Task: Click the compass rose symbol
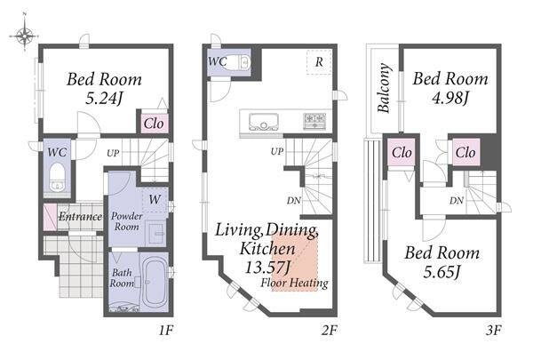[x=25, y=35]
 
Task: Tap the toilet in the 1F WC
[x=57, y=178]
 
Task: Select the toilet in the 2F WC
[x=241, y=62]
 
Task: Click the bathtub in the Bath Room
[x=155, y=283]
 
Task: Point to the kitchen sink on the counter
[x=264, y=122]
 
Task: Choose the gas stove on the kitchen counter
[x=314, y=122]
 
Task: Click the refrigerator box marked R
[x=319, y=62]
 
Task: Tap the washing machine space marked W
[x=155, y=199]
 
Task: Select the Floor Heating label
[x=294, y=283]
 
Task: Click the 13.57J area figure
[x=268, y=267]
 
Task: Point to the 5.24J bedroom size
[x=104, y=99]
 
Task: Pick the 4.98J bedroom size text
[x=450, y=98]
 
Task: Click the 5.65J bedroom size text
[x=442, y=272]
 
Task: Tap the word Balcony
[x=384, y=87]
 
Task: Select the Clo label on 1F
[x=154, y=124]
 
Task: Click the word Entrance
[x=81, y=216]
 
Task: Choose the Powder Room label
[x=127, y=221]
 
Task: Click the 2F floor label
[x=329, y=330]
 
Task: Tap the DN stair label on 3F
[x=457, y=201]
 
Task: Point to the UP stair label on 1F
[x=113, y=153]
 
